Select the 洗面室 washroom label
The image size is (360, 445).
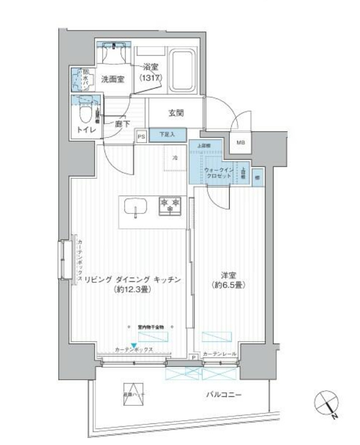113,79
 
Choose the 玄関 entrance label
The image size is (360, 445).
175,113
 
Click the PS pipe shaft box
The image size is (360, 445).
141,136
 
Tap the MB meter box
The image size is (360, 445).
241,143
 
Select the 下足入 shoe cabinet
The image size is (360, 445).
167,134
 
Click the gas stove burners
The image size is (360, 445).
170,205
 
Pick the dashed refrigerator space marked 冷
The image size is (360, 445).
175,159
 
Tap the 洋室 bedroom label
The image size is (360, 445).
229,280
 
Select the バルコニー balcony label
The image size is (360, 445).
223,395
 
